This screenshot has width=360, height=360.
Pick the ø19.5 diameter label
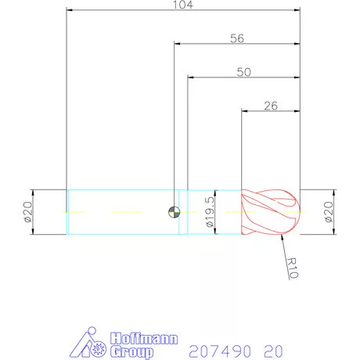[209, 212]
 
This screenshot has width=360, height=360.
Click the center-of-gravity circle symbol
[173, 211]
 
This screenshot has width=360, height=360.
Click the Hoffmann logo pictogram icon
[88, 344]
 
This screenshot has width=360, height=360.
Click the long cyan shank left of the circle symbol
[117, 211]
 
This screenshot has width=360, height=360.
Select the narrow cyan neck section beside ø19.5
[184, 211]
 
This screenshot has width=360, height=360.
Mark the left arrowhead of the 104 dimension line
[70, 11]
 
